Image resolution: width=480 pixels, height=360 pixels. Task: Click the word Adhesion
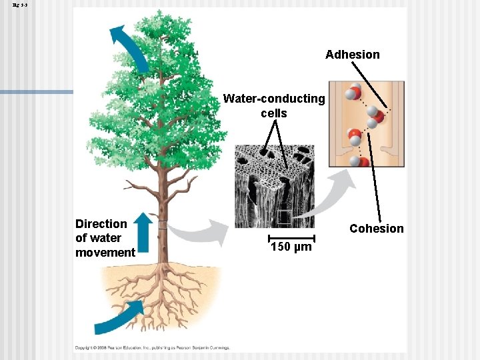coord(352,55)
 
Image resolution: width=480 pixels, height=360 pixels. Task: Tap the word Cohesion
coord(377,229)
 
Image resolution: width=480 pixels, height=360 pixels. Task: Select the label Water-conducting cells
coord(274,106)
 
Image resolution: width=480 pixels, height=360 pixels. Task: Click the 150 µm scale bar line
coord(292,237)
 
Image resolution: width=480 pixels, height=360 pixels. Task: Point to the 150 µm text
coord(291,248)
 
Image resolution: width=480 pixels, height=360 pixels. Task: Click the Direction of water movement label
coord(105,238)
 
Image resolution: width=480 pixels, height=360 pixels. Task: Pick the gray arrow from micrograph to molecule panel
coord(340,190)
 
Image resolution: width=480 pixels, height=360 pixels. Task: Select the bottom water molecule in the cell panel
coord(361,163)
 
